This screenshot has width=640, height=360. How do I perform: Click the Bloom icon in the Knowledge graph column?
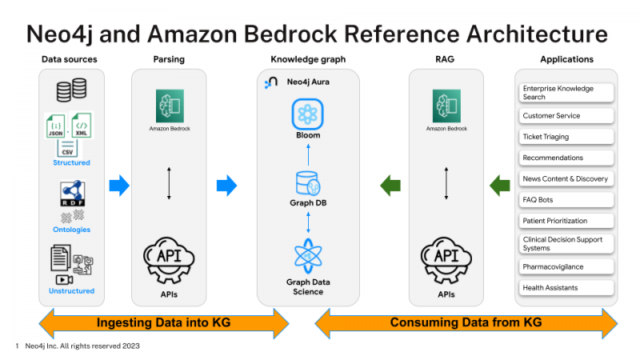click(x=306, y=114)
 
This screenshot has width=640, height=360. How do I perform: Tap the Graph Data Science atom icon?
click(x=307, y=256)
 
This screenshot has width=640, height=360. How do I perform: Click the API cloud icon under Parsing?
click(x=168, y=257)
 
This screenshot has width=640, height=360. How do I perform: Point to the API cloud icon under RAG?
click(x=446, y=257)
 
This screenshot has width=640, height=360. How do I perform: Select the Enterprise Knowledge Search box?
click(x=566, y=93)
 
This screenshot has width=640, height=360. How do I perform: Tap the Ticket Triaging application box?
click(x=566, y=137)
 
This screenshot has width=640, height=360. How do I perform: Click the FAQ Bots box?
click(x=566, y=200)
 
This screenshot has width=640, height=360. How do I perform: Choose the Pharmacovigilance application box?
click(x=566, y=266)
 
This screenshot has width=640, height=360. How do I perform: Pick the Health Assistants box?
click(x=566, y=287)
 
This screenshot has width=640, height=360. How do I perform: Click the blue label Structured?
click(x=71, y=162)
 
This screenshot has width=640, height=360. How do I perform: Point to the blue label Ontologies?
click(x=71, y=229)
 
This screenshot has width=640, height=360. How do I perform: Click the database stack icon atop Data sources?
click(x=71, y=90)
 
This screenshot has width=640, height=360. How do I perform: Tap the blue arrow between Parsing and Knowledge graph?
click(x=227, y=186)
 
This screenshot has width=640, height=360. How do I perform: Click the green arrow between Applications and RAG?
click(x=500, y=186)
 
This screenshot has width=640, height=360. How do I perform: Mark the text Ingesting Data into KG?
click(x=163, y=323)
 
